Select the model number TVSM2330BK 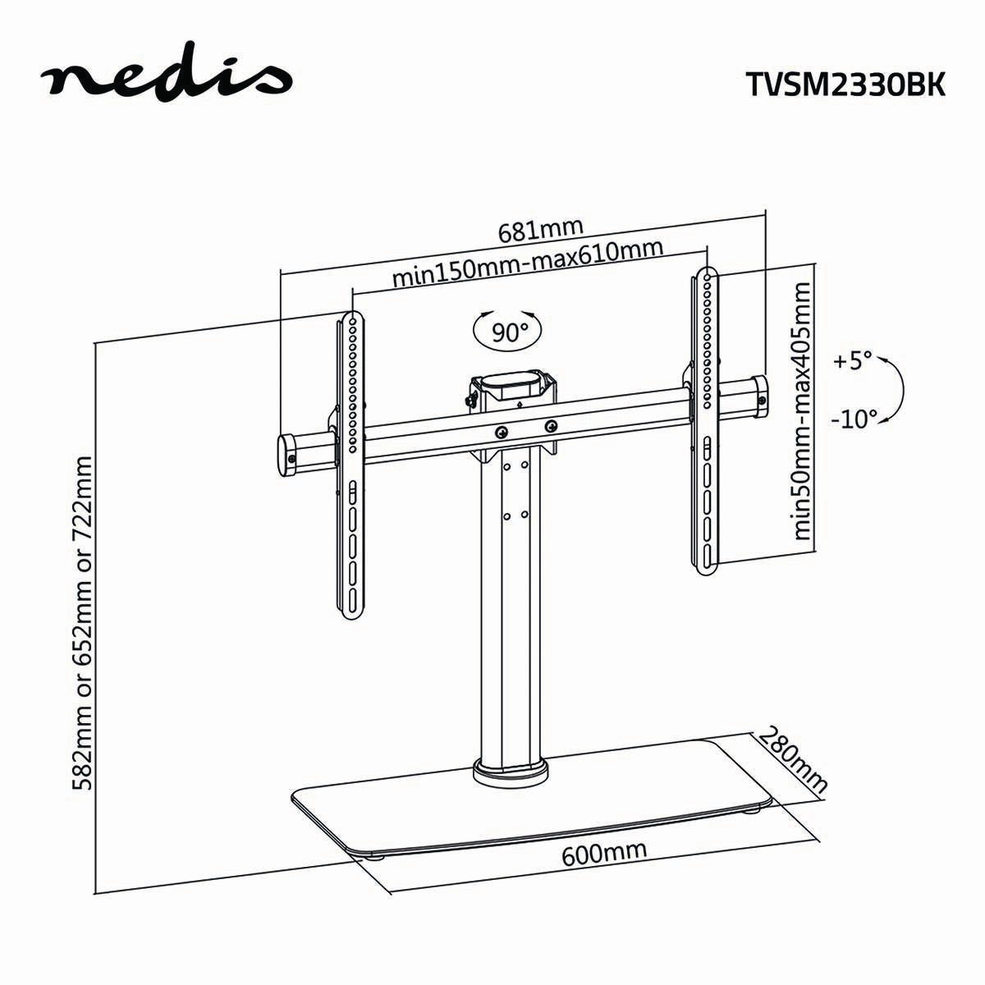click(845, 83)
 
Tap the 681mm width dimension click(541, 230)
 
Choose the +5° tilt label click(854, 361)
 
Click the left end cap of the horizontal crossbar click(288, 454)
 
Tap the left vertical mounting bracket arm click(350, 492)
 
